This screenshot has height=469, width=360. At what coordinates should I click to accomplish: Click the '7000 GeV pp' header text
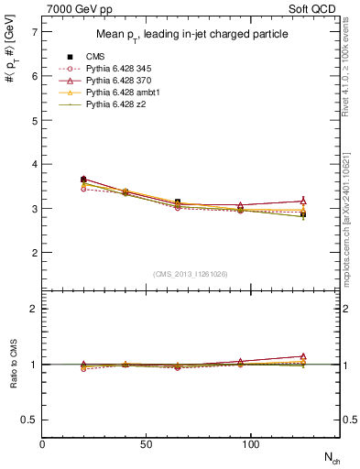click(78, 8)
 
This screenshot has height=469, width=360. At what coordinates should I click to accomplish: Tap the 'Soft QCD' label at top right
click(314, 8)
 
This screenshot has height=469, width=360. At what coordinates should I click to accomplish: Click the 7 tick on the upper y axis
click(34, 32)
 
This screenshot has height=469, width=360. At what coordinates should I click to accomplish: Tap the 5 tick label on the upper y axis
click(34, 120)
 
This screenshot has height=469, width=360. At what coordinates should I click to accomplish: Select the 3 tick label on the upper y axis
click(34, 208)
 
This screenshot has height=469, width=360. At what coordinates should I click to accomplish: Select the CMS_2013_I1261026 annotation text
click(191, 274)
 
